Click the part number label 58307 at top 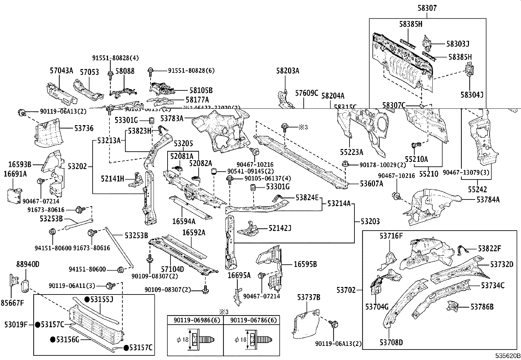point(427,8)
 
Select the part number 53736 point(84,128)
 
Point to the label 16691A point(15,174)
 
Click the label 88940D point(28,264)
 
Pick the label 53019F point(16,325)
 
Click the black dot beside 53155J point(87,299)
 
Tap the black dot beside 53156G point(53,339)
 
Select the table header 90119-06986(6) point(195,320)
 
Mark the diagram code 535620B point(507,356)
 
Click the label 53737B point(309,297)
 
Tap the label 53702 point(347,290)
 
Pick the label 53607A point(371,184)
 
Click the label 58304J point(472,95)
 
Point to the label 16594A point(184,222)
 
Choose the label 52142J point(280,228)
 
